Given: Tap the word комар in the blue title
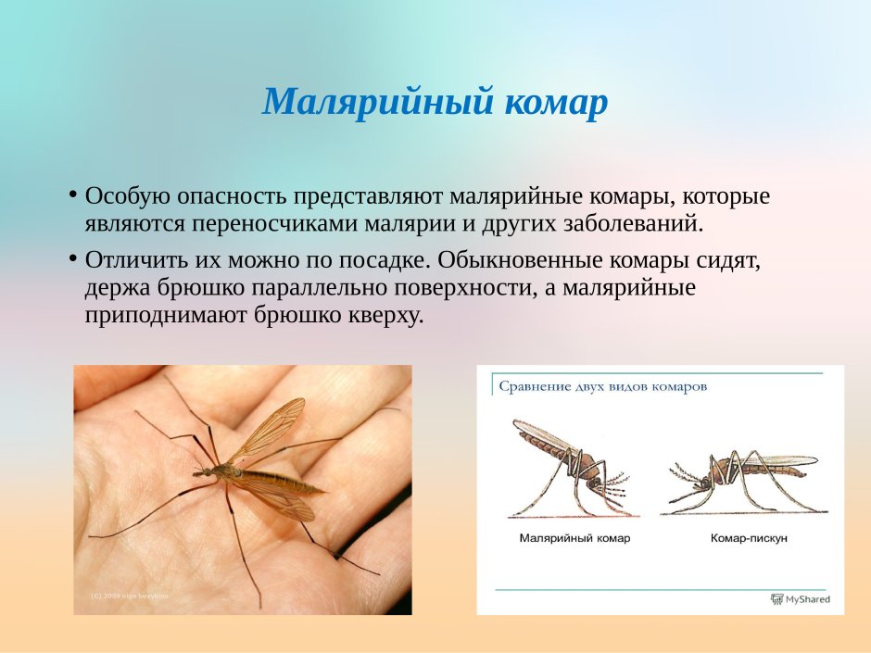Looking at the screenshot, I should [556, 102].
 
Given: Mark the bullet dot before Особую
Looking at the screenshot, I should [72, 195].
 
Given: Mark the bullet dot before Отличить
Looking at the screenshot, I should [72, 258].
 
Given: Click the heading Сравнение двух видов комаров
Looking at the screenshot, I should [602, 386].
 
